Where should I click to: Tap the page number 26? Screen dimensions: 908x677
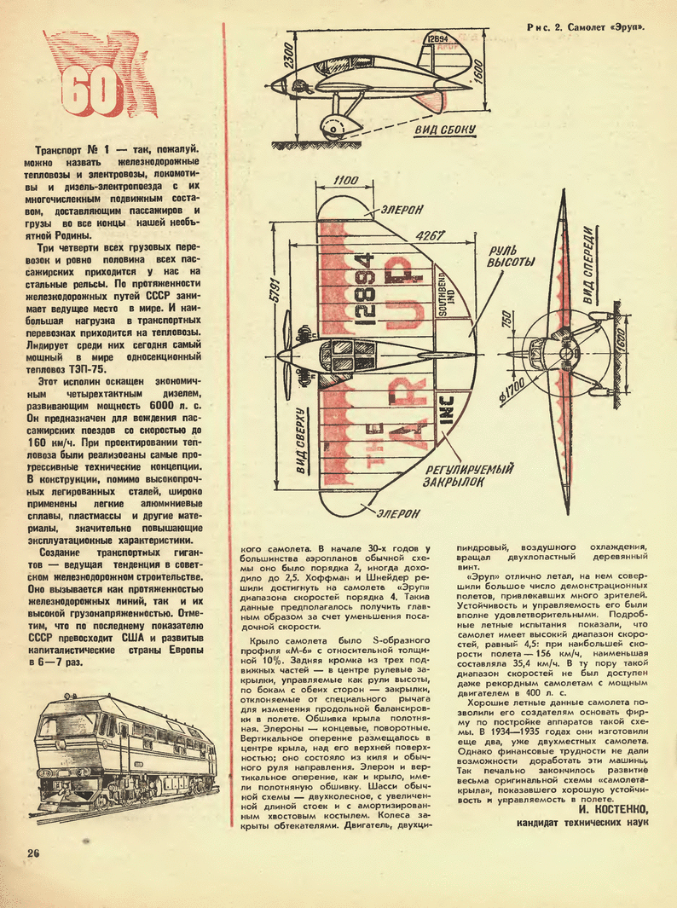point(33,853)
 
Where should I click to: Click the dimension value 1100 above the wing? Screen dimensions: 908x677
point(345,180)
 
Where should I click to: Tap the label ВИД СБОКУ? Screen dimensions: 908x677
point(445,130)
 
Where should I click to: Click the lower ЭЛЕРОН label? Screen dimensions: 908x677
point(395,513)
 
